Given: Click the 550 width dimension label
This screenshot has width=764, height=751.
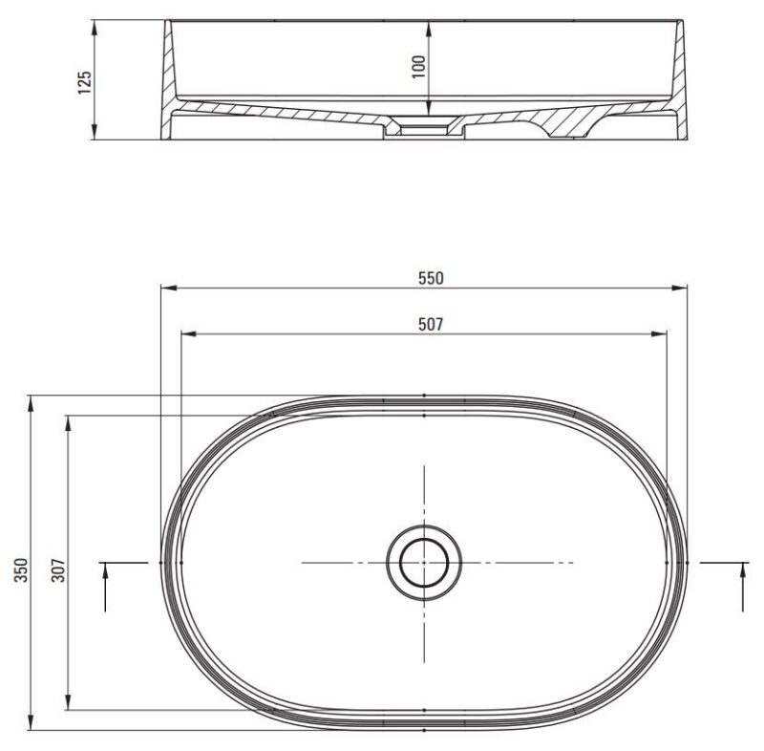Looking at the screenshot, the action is (x=431, y=278).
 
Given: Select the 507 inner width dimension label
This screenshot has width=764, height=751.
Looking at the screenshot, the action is (x=431, y=324).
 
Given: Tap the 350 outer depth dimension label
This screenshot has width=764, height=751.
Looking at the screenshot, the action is (x=22, y=569).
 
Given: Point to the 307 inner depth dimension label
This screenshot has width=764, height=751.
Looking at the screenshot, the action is (x=58, y=569).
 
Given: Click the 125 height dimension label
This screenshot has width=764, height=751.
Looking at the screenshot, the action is (x=84, y=82).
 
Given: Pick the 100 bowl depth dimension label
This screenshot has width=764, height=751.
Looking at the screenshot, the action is (x=418, y=67).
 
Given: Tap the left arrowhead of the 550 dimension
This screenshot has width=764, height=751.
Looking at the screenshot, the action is (x=169, y=288).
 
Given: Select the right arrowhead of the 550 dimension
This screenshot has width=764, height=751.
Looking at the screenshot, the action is (x=679, y=288).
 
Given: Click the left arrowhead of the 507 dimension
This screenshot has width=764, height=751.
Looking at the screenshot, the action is (x=188, y=333).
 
